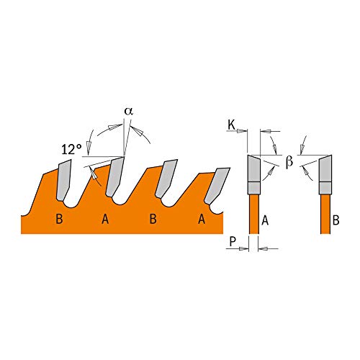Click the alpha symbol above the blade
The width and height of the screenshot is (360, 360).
point(129,112)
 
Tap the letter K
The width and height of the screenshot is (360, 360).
point(231,126)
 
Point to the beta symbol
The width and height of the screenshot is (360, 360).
point(289,161)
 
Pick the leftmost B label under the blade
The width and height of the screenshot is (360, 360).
point(59,219)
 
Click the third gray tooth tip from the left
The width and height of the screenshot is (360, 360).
point(168,174)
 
